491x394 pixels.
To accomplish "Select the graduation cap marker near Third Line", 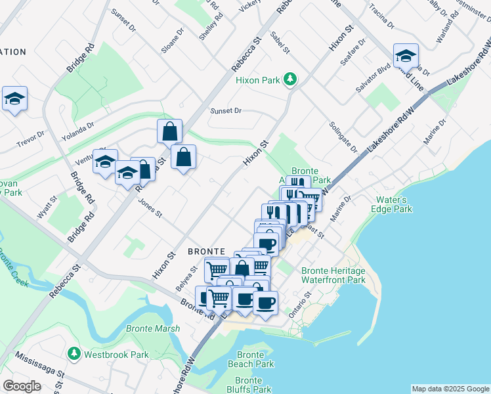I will coord(406,57).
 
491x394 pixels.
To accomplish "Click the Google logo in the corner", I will coord(22,386).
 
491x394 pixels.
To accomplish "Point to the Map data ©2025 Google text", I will coord(450,389).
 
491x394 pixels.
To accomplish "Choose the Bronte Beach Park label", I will coord(251,359).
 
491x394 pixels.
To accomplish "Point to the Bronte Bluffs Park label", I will coord(249,385).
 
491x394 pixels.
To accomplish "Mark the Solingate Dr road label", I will coord(344,137).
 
